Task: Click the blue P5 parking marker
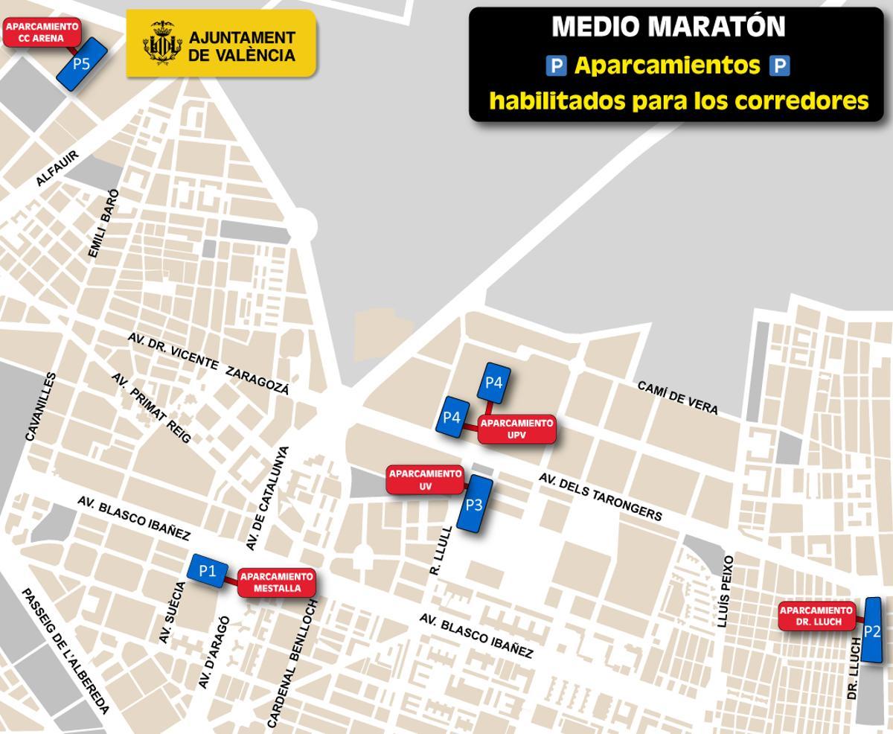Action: pyautogui.click(x=82, y=64)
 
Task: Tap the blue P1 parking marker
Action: pyautogui.click(x=208, y=572)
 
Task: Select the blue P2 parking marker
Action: pyautogui.click(x=872, y=631)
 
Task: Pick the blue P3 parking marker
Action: pyautogui.click(x=474, y=505)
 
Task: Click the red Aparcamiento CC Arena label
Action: pyautogui.click(x=42, y=33)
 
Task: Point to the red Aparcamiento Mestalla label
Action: pyautogui.click(x=277, y=582)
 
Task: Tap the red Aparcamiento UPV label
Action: pyautogui.click(x=516, y=429)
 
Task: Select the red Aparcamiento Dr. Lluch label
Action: pyautogui.click(x=816, y=616)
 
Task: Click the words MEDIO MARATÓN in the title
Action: pyautogui.click(x=668, y=28)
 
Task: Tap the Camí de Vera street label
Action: pyautogui.click(x=678, y=398)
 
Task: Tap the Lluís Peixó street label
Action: pyautogui.click(x=726, y=591)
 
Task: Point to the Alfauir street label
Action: pyautogui.click(x=57, y=169)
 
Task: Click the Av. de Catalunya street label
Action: pyautogui.click(x=267, y=498)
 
